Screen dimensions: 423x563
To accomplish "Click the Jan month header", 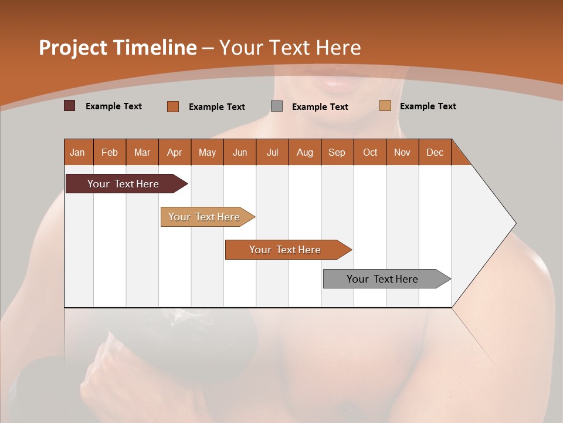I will coord(78,152).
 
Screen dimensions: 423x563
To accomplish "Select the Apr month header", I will coord(175,152).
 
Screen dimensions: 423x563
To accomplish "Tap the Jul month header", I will coord(273,152).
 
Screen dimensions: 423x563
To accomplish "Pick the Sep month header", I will coord(337,152).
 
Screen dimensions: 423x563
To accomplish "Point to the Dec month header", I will coord(435,152).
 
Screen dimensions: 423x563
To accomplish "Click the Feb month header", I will coord(110,152).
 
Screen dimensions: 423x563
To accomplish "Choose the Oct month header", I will coord(370,152).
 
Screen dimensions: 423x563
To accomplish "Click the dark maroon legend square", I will coord(70,106).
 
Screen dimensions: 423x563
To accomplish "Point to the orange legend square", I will coord(173,106).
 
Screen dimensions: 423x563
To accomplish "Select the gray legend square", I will coord(277,106).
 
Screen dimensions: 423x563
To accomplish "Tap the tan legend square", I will coord(385,106).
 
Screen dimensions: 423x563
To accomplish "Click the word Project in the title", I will coord(73,48).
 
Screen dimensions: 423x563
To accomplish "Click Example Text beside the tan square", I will coord(428,106).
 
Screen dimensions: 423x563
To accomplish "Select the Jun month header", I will coord(240,152).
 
